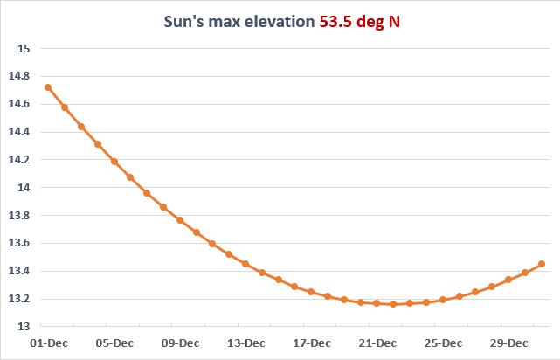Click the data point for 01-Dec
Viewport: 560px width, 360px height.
(48, 87)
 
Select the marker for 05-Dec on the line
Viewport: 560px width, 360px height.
(114, 162)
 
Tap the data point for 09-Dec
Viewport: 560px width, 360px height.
(180, 220)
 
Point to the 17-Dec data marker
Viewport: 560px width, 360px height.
(311, 292)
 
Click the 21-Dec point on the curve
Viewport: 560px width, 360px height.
(377, 303)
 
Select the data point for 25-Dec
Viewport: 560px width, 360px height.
(443, 300)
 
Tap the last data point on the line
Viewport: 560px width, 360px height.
(542, 264)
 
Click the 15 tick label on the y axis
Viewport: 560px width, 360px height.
(24, 49)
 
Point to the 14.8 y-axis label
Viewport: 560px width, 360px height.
(20, 77)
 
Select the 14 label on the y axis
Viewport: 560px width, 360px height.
(24, 188)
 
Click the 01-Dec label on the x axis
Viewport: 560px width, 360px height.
(49, 343)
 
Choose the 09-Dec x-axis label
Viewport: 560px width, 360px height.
(181, 343)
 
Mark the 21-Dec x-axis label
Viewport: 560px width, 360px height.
(377, 343)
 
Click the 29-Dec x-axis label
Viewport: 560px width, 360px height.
(509, 343)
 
